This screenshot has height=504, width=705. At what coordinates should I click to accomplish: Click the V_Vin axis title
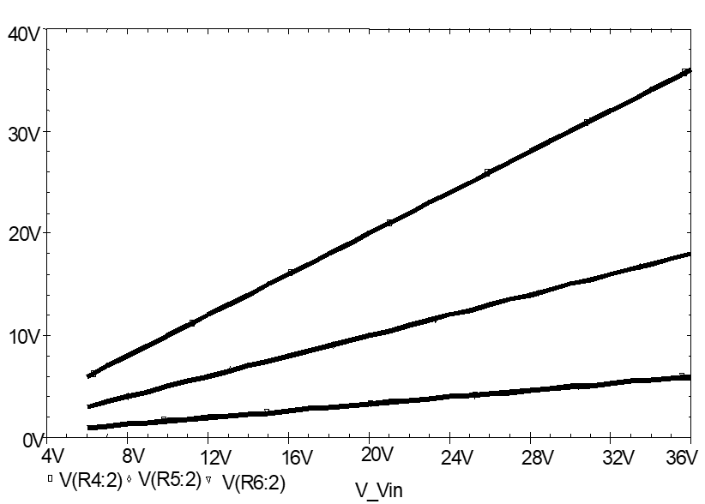tap(378, 491)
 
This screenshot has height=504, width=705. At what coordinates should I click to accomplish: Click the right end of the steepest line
tap(690, 70)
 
